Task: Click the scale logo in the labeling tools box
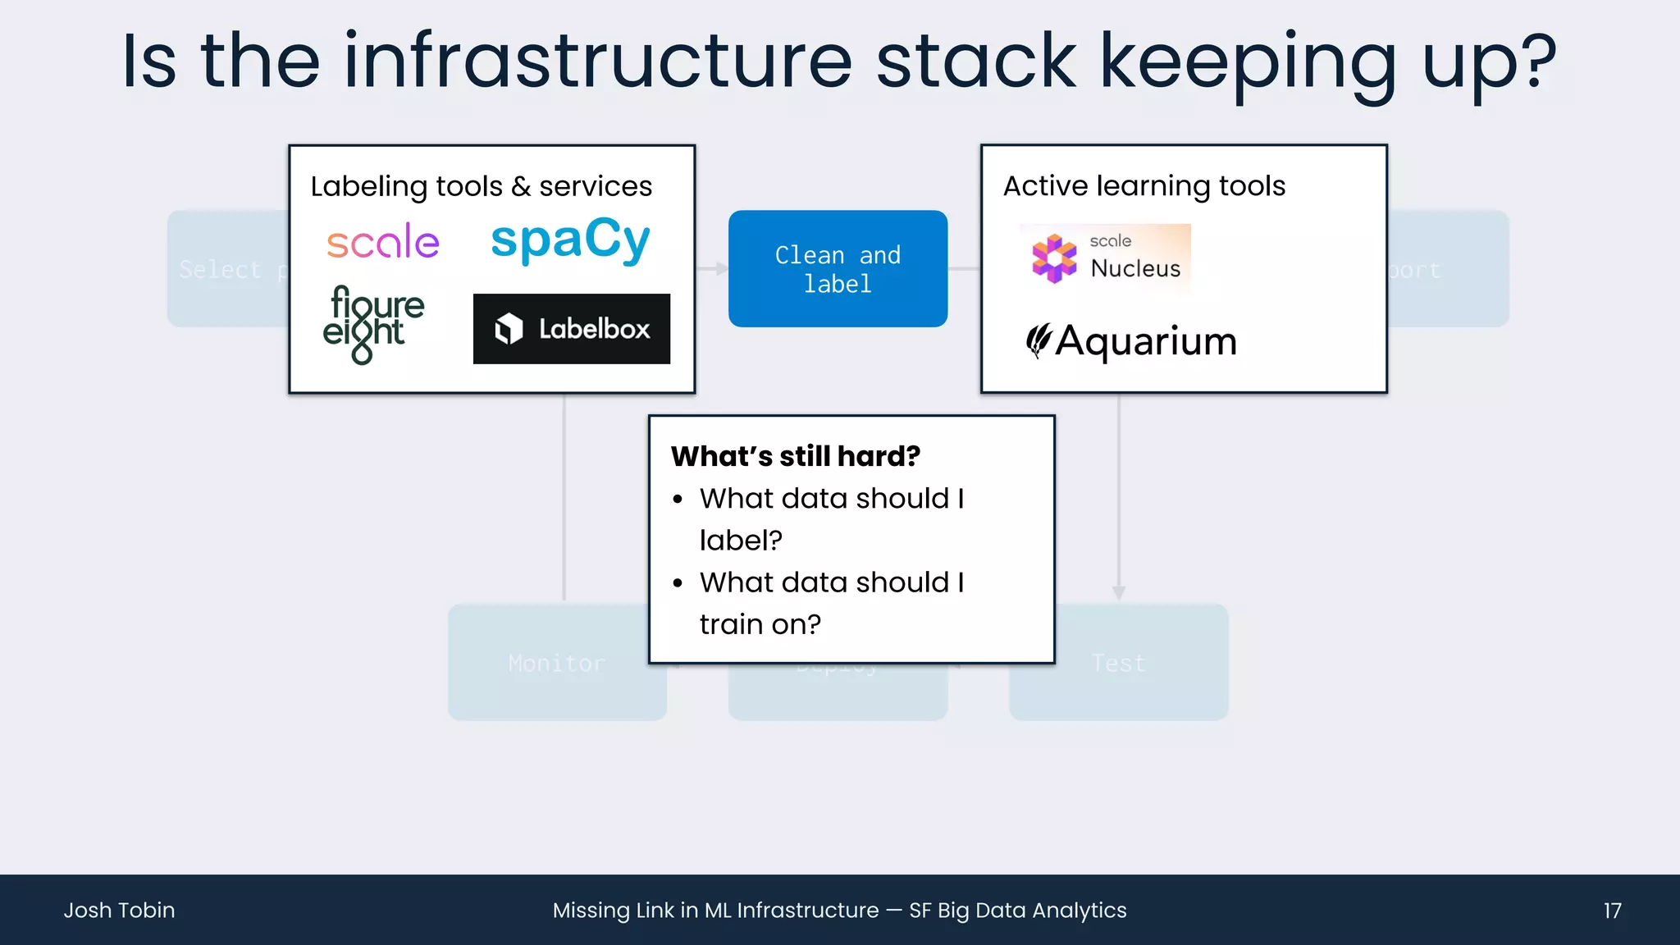(383, 242)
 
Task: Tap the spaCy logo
(570, 240)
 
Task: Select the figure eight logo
(373, 323)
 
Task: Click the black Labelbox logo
(572, 329)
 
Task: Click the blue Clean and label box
(838, 269)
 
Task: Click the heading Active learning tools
(1144, 186)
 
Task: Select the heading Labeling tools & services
(482, 186)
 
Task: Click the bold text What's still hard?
(796, 456)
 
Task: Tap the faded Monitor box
(557, 663)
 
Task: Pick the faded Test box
(1118, 663)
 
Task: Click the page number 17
(1612, 911)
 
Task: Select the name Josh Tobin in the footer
(120, 911)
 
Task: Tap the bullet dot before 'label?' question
(678, 500)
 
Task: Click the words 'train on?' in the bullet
(760, 625)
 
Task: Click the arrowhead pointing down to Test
(1118, 592)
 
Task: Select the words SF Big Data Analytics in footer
(1017, 911)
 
